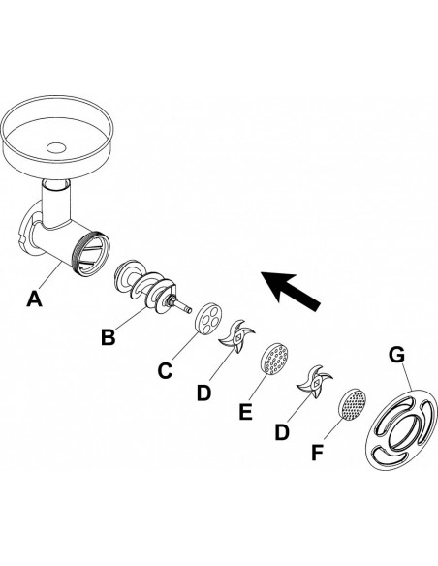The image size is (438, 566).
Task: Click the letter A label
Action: (34, 299)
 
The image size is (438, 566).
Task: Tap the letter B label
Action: (108, 338)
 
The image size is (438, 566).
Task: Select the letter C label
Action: (165, 370)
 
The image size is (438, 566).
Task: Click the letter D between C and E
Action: (203, 393)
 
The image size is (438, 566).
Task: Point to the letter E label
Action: (246, 412)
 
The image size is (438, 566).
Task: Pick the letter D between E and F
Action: (282, 431)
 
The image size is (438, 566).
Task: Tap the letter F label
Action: (317, 453)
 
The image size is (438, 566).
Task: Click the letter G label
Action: (397, 355)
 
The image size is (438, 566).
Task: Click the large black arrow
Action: (291, 291)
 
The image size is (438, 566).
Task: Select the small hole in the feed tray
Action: (56, 147)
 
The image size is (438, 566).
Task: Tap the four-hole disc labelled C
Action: (209, 320)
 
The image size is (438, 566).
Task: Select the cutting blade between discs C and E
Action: (236, 336)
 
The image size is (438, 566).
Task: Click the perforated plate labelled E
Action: (274, 358)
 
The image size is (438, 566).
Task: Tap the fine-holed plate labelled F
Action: (352, 404)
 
